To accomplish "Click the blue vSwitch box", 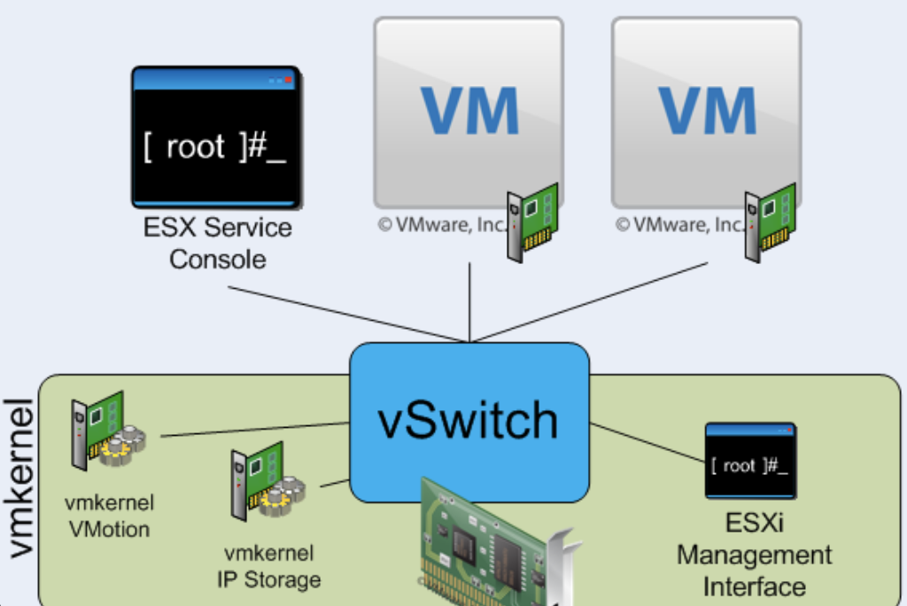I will pyautogui.click(x=469, y=422).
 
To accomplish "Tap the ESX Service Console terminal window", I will pyautogui.click(x=216, y=137).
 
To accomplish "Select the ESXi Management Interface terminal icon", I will pyautogui.click(x=749, y=461).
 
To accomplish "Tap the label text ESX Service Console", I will pyautogui.click(x=217, y=243).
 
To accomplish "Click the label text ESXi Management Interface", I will pyautogui.click(x=754, y=555).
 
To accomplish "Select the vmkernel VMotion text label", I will pyautogui.click(x=109, y=517).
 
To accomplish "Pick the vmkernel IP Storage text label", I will pyautogui.click(x=268, y=567).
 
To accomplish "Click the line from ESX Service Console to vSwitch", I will pyautogui.click(x=345, y=314).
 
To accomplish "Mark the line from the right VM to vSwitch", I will pyautogui.click(x=593, y=302).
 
